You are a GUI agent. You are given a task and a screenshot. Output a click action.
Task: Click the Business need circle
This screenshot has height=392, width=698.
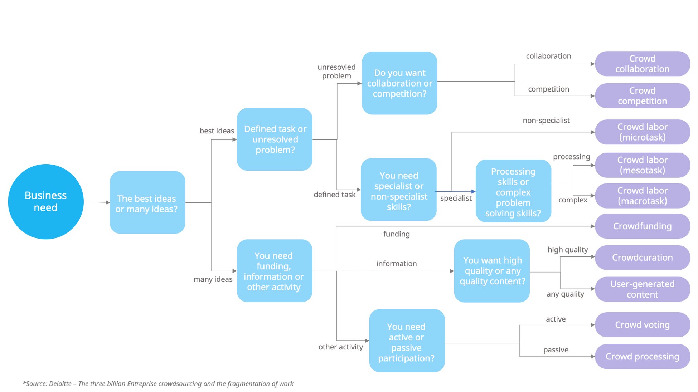pyautogui.click(x=46, y=202)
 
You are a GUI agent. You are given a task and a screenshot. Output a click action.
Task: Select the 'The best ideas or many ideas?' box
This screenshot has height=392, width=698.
pyautogui.click(x=147, y=203)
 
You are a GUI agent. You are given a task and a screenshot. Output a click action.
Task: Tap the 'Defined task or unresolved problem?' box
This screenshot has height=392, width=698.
pyautogui.click(x=275, y=139)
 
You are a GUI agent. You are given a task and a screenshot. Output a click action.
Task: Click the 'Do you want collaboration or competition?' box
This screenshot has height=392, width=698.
pyautogui.click(x=399, y=83)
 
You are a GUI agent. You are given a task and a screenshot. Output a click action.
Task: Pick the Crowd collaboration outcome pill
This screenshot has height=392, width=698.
pyautogui.click(x=642, y=64)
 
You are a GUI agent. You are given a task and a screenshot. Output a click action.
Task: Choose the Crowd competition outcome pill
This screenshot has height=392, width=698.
pyautogui.click(x=642, y=96)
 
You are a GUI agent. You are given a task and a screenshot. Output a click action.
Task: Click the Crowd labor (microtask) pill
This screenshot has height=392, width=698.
pyautogui.click(x=642, y=132)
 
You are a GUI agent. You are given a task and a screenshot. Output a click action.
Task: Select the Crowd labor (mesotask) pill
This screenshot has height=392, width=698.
pyautogui.click(x=642, y=165)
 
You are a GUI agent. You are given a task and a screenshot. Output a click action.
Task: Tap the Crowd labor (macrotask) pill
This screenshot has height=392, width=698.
pyautogui.click(x=642, y=196)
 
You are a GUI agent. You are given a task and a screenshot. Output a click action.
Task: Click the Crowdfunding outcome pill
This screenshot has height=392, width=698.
pyautogui.click(x=642, y=226)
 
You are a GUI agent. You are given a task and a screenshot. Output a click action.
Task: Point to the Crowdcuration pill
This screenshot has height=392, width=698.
pyautogui.click(x=642, y=258)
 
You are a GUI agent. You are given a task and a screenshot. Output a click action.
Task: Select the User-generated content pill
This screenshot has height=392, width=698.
pyautogui.click(x=642, y=289)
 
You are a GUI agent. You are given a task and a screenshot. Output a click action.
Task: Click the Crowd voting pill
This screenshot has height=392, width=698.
pyautogui.click(x=642, y=325)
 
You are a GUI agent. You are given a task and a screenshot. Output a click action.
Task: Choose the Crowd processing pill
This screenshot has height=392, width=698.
pyautogui.click(x=642, y=357)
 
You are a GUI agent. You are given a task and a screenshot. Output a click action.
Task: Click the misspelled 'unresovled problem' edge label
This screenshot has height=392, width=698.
pyautogui.click(x=336, y=72)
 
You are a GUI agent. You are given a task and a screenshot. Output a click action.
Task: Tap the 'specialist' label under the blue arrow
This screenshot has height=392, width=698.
pyautogui.click(x=456, y=198)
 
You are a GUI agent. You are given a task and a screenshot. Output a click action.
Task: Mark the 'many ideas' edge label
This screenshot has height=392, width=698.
pyautogui.click(x=213, y=279)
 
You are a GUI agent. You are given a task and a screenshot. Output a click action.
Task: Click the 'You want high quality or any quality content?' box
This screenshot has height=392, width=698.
pyautogui.click(x=492, y=271)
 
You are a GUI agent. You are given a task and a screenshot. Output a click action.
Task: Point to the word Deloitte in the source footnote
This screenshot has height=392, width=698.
pyautogui.click(x=60, y=384)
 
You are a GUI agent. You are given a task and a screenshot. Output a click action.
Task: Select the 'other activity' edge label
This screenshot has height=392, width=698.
pyautogui.click(x=340, y=347)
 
